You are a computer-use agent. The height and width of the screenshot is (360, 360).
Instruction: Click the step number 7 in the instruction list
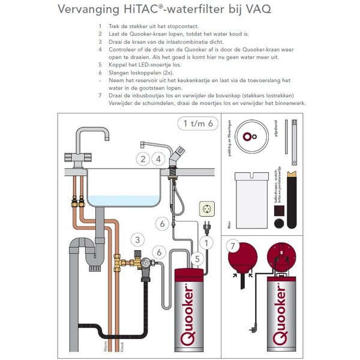point(100,96)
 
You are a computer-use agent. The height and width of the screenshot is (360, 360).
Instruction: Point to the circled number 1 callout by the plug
point(205,242)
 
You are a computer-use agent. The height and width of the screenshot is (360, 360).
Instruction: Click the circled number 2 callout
point(143,160)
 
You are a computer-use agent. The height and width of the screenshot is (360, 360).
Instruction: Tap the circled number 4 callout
point(158,160)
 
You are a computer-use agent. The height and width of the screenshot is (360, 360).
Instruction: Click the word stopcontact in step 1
point(182,27)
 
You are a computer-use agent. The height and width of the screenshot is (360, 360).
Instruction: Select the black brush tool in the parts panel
point(292,198)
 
